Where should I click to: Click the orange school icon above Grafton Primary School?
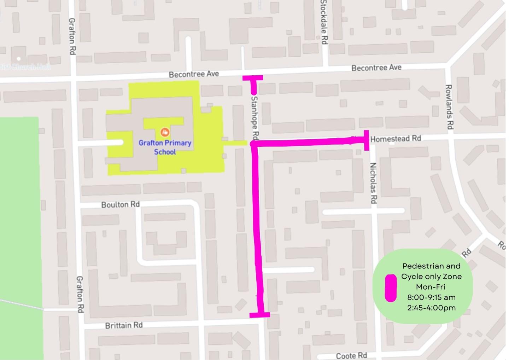165,132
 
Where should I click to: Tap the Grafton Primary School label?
165,147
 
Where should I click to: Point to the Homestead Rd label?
396,139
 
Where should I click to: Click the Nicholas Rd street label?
373,183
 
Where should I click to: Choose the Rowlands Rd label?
449,107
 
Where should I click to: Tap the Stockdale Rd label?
324,22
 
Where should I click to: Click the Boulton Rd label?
120,205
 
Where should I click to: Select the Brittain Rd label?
124,325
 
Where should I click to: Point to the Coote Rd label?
351,355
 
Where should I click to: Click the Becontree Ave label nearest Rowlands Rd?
376,68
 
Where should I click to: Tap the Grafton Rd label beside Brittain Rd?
80,294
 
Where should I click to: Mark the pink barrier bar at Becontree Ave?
253,78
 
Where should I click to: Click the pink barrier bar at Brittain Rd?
260,315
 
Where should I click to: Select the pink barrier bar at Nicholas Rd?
367,140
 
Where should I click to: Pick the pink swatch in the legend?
391,288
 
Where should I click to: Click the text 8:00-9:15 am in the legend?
431,297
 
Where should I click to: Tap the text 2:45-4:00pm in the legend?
431,308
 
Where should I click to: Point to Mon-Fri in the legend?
430,287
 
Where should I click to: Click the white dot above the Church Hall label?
19,59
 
